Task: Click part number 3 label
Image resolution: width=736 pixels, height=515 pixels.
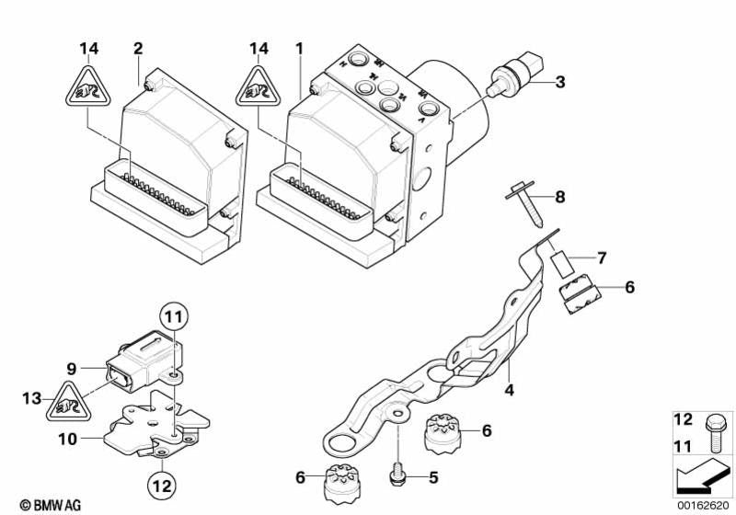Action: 559,83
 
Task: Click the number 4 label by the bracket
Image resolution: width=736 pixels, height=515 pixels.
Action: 509,391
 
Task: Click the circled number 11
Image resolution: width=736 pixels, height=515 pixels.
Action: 174,318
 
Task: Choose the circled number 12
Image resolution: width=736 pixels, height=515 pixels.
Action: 161,479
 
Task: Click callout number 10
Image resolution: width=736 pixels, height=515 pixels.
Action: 70,440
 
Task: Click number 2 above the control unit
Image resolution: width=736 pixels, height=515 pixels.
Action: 138,48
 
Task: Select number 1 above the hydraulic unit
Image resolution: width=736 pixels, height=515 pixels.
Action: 298,48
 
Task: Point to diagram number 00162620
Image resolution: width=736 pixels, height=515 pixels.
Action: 704,504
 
